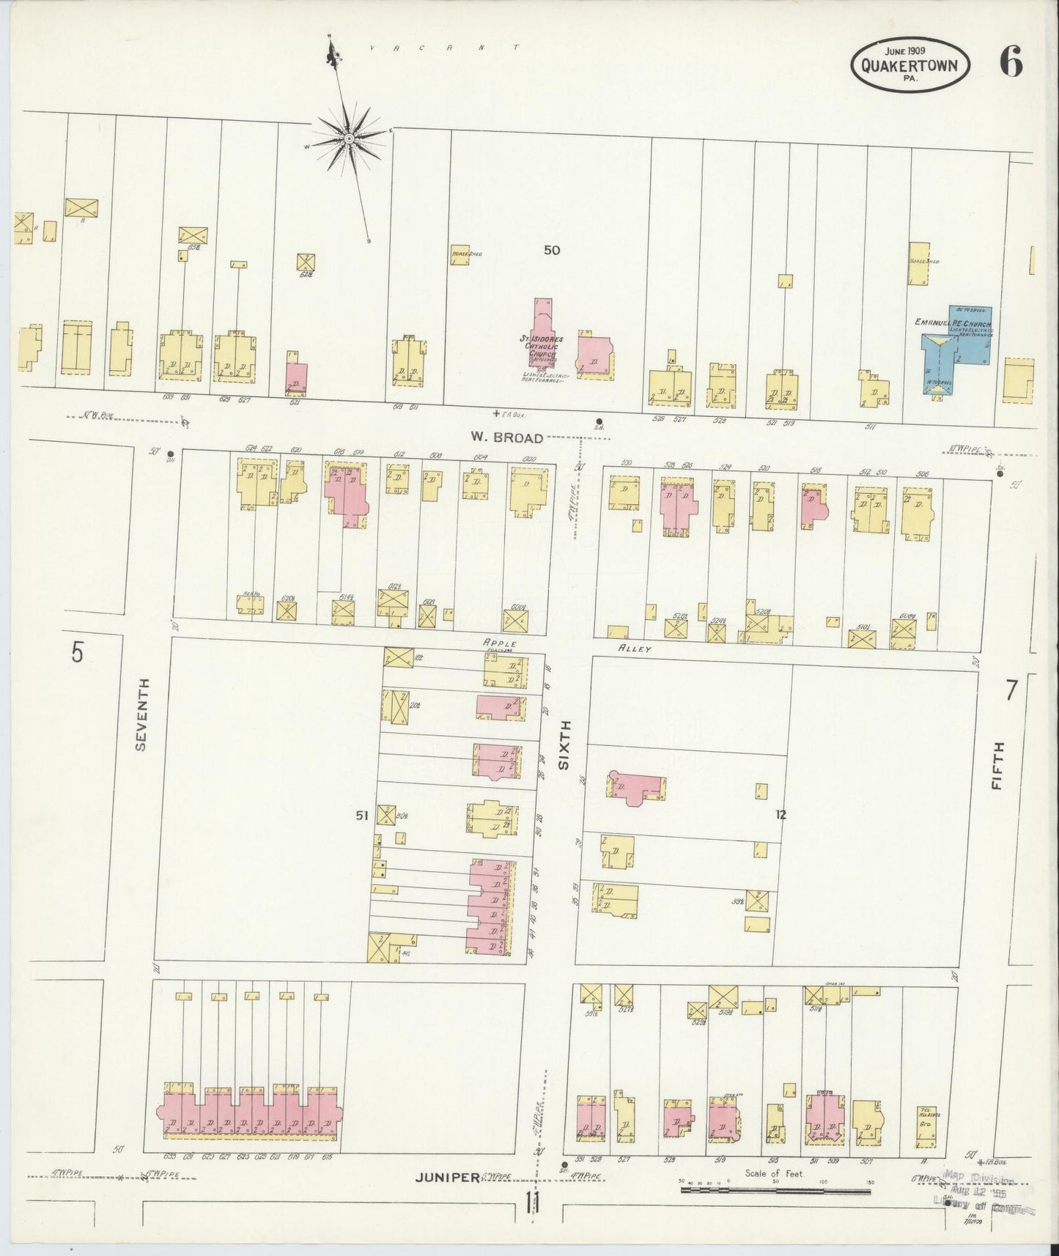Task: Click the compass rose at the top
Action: (349, 138)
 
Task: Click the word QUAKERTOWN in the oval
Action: (909, 65)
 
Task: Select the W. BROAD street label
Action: (507, 438)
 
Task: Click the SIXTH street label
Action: (564, 744)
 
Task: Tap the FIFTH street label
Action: (997, 765)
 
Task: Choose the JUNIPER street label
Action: (448, 1178)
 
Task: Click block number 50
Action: (551, 250)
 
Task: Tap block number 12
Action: (781, 814)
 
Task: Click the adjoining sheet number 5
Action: (78, 652)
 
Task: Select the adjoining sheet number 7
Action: (1011, 690)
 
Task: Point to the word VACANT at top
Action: (443, 48)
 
